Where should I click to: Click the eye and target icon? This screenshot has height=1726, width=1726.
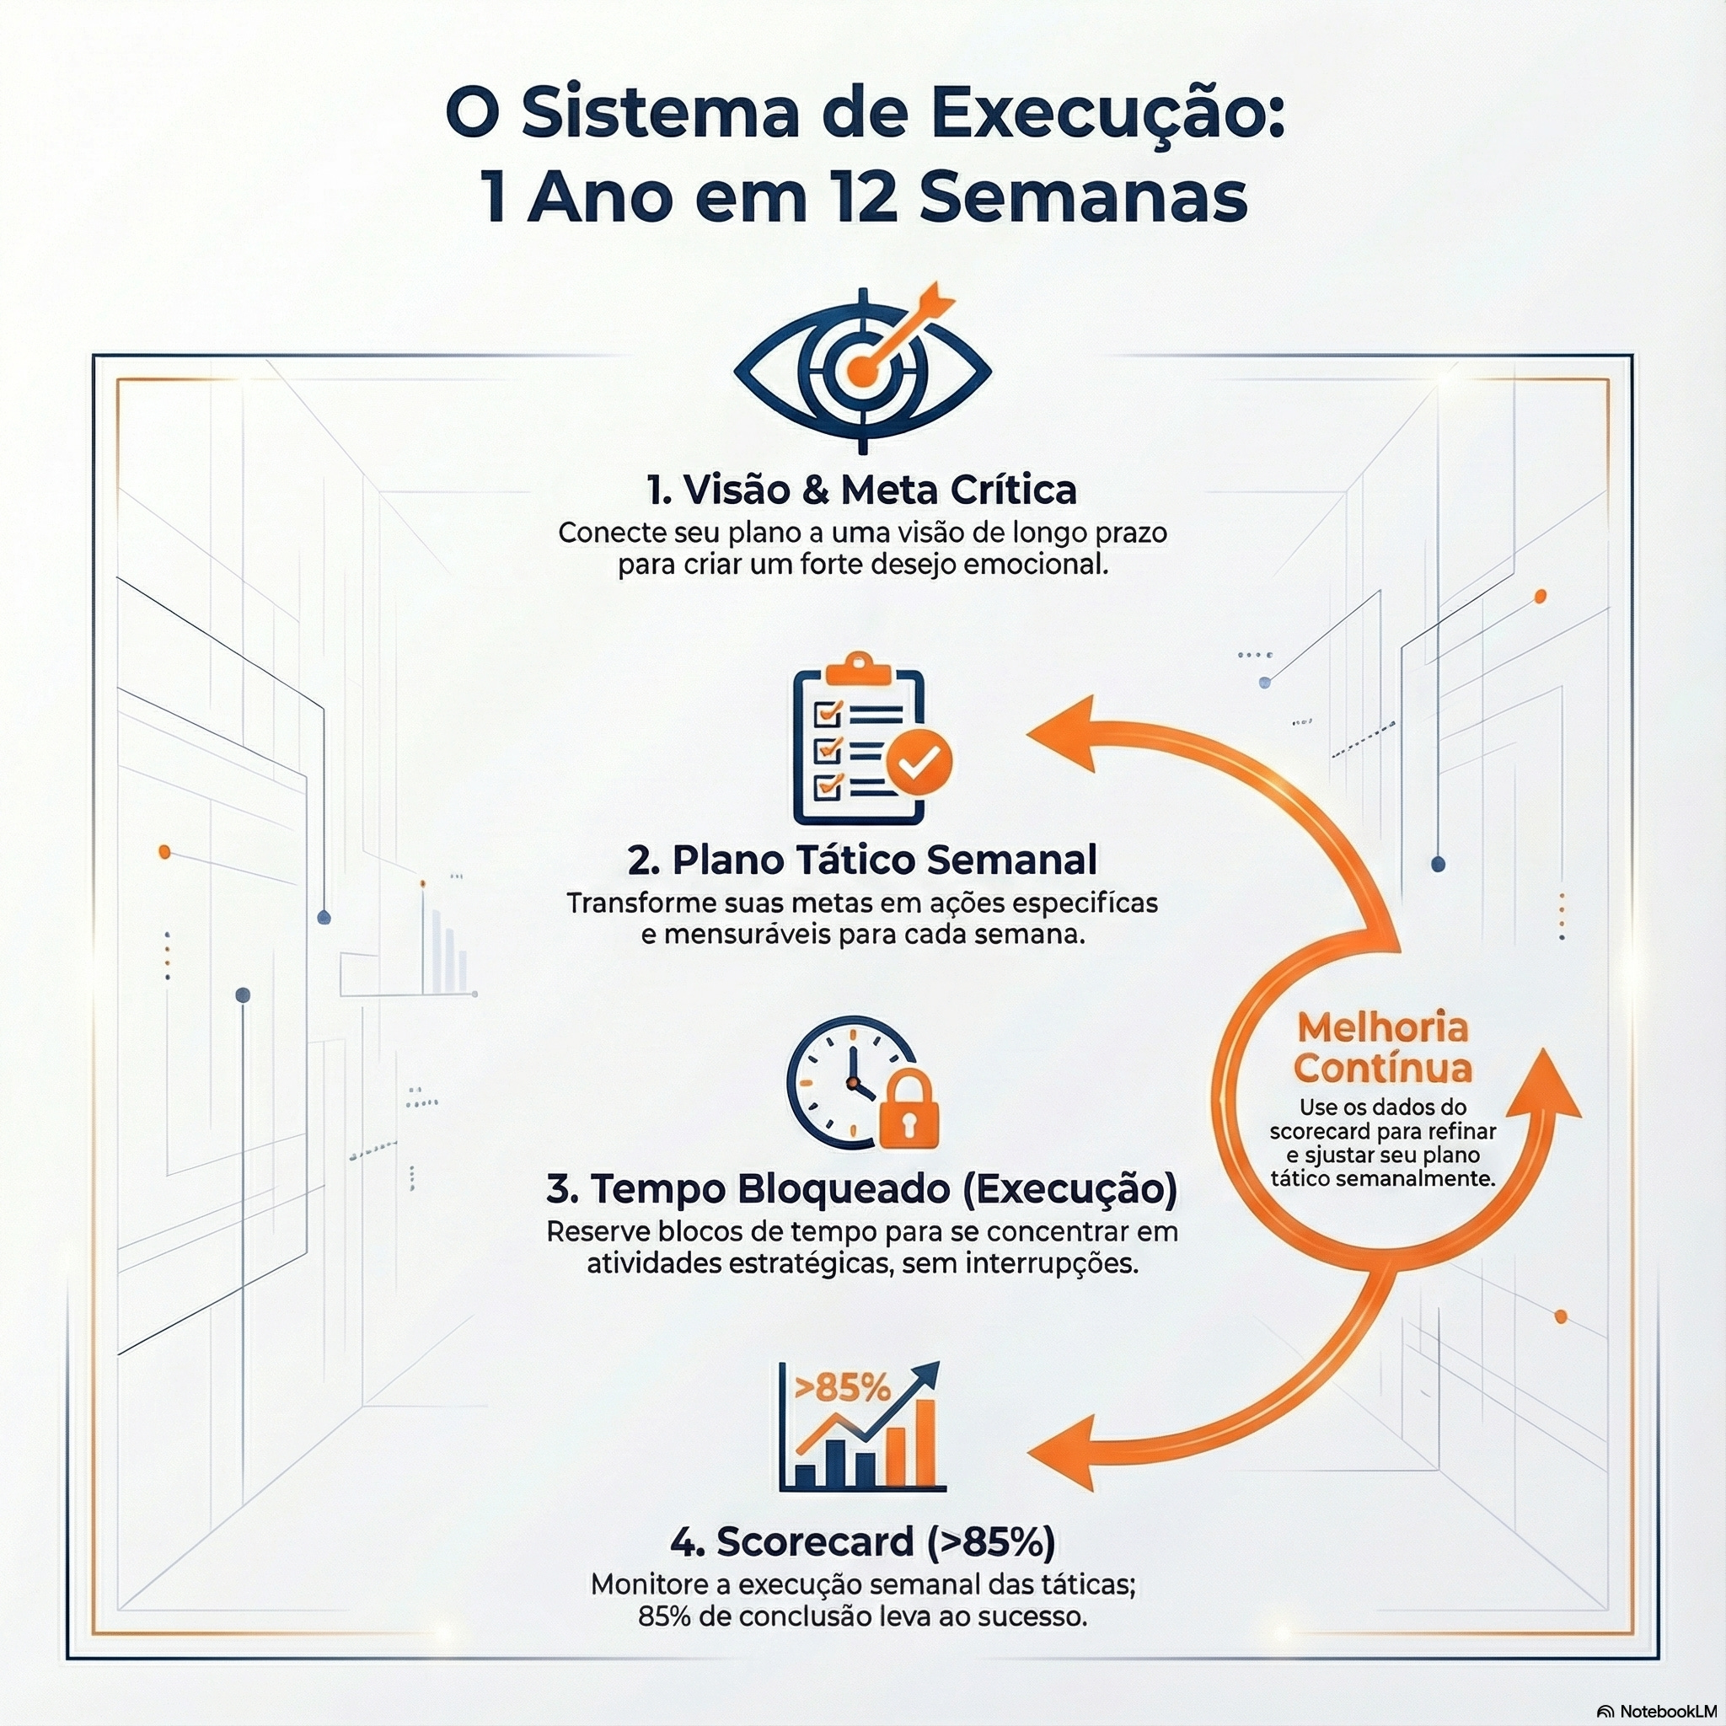click(x=862, y=369)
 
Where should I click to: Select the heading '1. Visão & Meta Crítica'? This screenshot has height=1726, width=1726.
click(x=862, y=490)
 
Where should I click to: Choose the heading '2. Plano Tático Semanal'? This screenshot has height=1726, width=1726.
click(x=862, y=860)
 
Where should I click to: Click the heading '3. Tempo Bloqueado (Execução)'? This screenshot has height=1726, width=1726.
click(x=862, y=1189)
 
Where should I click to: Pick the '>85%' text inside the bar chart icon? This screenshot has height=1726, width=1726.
click(x=842, y=1387)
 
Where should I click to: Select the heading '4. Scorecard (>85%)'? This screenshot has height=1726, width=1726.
click(x=862, y=1541)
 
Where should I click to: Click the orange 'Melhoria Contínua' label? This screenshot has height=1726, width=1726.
click(x=1382, y=1048)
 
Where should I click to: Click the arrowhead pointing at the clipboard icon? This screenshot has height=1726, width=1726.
click(x=1063, y=733)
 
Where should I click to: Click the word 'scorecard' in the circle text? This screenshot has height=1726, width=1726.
click(x=1321, y=1131)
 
